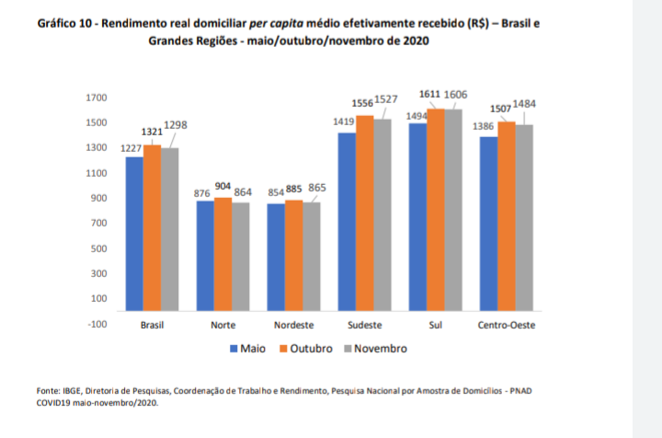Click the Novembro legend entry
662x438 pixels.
tap(374, 349)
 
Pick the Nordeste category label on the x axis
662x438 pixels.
tap(293, 326)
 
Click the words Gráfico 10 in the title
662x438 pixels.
tap(70, 23)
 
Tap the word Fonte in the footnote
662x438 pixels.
tap(48, 390)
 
